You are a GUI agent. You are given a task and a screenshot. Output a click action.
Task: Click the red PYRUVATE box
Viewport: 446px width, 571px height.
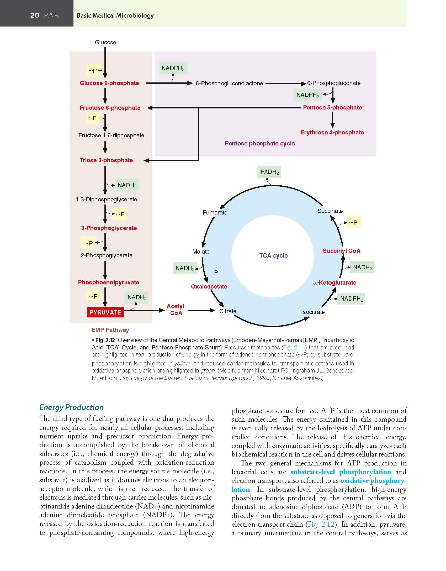click(105, 312)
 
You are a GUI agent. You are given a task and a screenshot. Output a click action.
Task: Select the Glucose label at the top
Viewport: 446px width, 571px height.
click(105, 42)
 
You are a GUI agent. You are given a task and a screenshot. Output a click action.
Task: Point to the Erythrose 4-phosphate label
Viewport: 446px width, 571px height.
click(332, 133)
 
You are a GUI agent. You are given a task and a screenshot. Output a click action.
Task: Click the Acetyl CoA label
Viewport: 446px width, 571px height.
click(176, 310)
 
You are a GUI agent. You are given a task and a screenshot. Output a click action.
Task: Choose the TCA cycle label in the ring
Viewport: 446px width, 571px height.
click(273, 255)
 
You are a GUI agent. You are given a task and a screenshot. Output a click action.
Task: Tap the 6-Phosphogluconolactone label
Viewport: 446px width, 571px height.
click(229, 83)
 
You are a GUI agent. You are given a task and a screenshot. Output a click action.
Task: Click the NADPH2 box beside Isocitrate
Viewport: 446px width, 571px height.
click(351, 299)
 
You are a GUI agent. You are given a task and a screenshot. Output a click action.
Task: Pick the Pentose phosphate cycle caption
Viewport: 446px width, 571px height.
click(260, 143)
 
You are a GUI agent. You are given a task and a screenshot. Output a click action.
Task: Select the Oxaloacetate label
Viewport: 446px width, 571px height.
click(209, 286)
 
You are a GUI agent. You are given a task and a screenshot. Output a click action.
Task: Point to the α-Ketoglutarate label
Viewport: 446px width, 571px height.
click(335, 283)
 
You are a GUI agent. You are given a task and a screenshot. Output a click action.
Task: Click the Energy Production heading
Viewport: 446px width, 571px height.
click(71, 407)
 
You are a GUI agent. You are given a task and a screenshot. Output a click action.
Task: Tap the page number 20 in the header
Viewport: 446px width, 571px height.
click(35, 15)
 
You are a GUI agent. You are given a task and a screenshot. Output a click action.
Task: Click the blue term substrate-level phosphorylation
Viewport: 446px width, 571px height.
click(341, 472)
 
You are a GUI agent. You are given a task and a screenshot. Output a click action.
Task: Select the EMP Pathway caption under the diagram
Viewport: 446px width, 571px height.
click(110, 330)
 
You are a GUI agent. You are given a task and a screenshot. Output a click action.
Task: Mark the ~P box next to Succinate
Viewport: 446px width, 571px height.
click(353, 223)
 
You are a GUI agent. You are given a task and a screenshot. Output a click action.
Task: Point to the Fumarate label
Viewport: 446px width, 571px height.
click(215, 212)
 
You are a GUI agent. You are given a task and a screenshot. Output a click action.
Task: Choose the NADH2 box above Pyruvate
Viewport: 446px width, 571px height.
click(137, 297)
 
